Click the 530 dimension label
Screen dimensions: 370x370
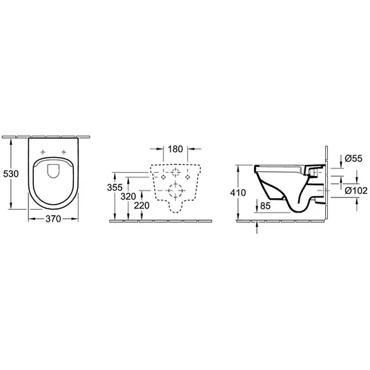[11, 174]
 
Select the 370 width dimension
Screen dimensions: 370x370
[53, 219]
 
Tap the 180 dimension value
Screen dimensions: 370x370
[175, 149]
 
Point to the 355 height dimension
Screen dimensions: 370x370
[115, 187]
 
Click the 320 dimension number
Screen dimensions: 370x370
[128, 196]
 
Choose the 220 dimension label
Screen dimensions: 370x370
[142, 206]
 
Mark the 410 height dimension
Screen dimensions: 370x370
[238, 193]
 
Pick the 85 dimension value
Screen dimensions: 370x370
[265, 206]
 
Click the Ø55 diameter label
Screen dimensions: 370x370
[353, 158]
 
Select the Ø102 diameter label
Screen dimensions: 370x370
[356, 191]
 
